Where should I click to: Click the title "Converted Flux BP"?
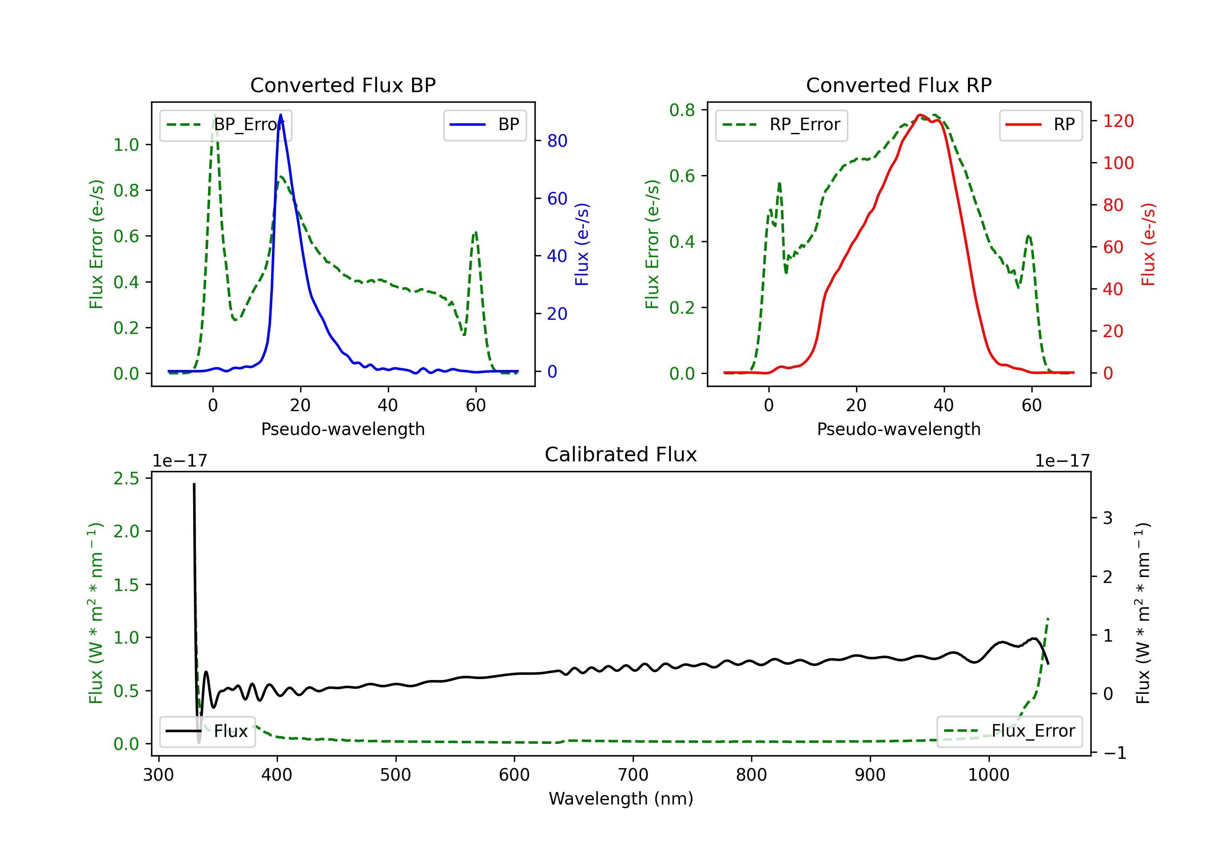pyautogui.click(x=343, y=85)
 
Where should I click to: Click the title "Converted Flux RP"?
pyautogui.click(x=899, y=85)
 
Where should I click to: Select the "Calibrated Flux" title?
pyautogui.click(x=621, y=454)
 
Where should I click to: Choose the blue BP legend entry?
pyautogui.click(x=484, y=125)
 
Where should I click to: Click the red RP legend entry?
pyautogui.click(x=1040, y=125)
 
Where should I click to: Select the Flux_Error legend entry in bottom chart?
pyautogui.click(x=1009, y=731)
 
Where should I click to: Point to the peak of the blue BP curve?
pyautogui.click(x=280, y=115)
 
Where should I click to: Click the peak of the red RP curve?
pyautogui.click(x=920, y=115)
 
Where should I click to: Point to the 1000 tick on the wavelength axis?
pyautogui.click(x=989, y=775)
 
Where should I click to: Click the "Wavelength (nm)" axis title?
pyautogui.click(x=621, y=799)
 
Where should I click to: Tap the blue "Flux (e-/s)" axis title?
pyautogui.click(x=582, y=244)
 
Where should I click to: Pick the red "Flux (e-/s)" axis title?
pyautogui.click(x=1148, y=244)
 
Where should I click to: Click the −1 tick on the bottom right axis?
pyautogui.click(x=1114, y=753)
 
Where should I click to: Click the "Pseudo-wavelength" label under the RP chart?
pyautogui.click(x=899, y=429)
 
